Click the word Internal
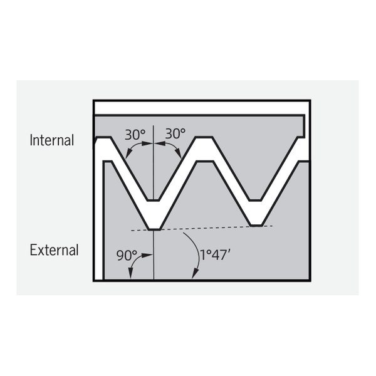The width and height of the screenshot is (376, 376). click(52, 140)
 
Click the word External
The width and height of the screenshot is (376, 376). click(54, 250)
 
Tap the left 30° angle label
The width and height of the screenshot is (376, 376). click(135, 134)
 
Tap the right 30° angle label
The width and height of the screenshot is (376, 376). click(175, 133)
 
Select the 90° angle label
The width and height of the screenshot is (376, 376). click(127, 256)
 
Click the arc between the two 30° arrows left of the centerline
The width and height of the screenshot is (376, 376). click(137, 147)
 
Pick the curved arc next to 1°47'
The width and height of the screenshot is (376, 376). click(198, 252)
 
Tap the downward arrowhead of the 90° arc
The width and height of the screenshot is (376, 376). click(131, 273)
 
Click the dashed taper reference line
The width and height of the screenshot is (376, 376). click(201, 228)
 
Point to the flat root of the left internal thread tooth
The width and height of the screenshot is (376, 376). click(154, 200)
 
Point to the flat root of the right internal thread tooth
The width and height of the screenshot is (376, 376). click(255, 200)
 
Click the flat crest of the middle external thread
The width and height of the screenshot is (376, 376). click(205, 162)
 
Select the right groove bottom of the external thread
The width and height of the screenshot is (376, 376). click(257, 226)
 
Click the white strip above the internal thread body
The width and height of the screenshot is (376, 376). click(201, 108)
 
